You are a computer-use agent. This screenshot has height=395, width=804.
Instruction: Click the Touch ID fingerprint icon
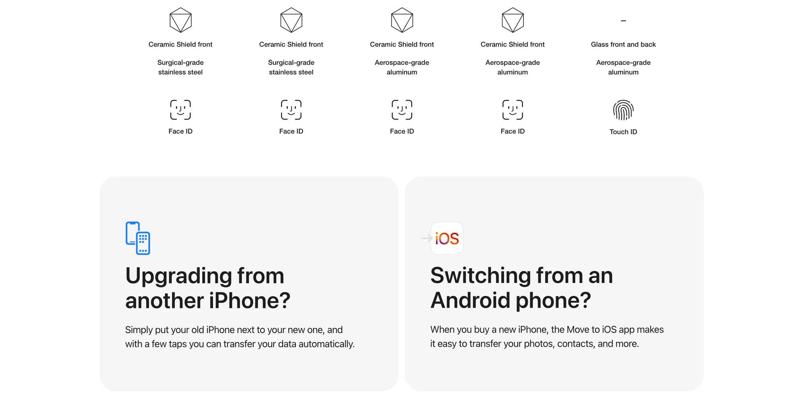(623, 110)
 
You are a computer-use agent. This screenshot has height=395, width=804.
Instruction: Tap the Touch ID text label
(623, 132)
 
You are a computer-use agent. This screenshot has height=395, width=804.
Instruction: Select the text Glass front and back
(623, 44)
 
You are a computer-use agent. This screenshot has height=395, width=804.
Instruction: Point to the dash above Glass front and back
(623, 21)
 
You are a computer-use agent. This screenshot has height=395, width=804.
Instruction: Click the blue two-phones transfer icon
(138, 238)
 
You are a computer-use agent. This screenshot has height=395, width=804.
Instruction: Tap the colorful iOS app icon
(447, 238)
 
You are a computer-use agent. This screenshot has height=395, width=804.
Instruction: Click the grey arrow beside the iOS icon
(427, 238)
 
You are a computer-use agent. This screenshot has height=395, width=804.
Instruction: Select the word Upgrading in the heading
(178, 277)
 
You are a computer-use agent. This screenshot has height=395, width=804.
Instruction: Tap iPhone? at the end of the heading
(249, 301)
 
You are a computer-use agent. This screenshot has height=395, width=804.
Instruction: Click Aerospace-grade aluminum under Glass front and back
(623, 67)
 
